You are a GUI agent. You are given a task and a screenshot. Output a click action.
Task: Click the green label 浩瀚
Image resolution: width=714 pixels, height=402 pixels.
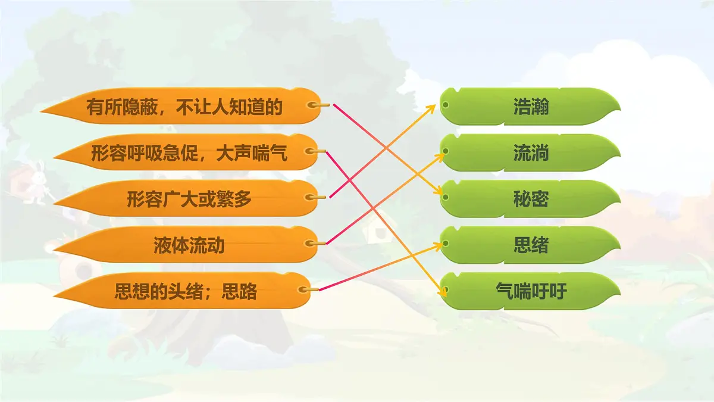(x=531, y=107)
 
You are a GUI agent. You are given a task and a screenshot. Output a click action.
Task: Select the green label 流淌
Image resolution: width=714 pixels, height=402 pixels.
(x=531, y=154)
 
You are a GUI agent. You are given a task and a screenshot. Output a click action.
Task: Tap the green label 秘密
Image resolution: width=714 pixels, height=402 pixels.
(x=531, y=200)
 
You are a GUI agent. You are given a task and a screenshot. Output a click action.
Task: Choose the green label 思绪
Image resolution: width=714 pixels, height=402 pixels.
(x=531, y=245)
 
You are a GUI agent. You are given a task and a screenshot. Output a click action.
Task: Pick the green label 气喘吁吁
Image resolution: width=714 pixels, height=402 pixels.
(x=531, y=291)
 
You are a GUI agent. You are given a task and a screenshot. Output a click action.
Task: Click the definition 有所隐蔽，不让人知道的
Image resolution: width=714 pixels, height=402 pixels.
(x=184, y=107)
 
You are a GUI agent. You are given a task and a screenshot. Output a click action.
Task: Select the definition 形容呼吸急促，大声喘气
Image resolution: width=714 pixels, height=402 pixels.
(x=189, y=154)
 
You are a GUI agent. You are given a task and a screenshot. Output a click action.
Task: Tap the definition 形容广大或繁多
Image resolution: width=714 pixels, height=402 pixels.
(x=189, y=200)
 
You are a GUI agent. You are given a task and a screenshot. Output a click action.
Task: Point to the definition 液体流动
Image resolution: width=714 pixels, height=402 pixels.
(x=189, y=245)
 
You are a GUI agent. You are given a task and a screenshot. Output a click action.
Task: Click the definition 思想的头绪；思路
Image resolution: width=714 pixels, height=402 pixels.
(x=186, y=292)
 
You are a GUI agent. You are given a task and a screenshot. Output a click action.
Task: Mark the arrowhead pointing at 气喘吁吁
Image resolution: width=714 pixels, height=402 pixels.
(x=443, y=292)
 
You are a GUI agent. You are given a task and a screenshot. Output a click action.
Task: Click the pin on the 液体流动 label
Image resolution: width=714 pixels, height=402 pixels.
(x=312, y=243)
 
